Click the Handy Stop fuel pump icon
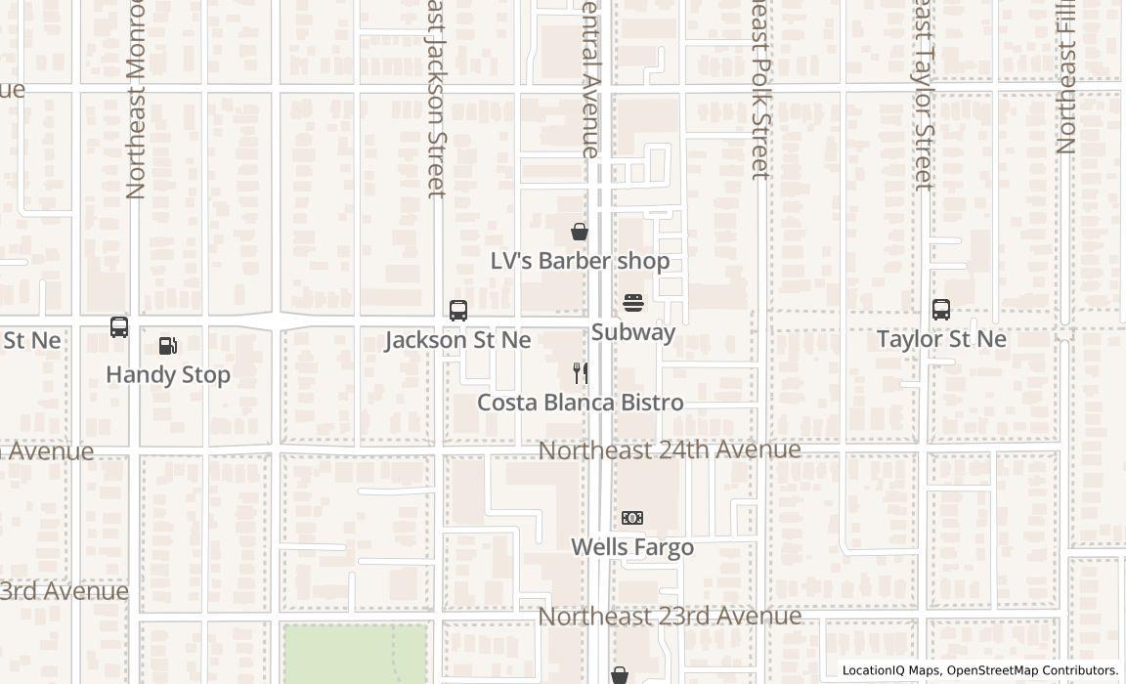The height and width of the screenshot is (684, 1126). click(168, 346)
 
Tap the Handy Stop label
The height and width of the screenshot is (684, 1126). click(168, 374)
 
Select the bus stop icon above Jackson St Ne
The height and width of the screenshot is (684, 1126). click(458, 311)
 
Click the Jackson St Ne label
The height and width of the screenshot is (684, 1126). click(457, 340)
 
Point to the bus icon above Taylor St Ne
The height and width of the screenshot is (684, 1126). click(941, 310)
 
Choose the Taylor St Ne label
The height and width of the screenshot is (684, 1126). click(941, 339)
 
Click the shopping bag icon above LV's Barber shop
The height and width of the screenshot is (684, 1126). click(580, 232)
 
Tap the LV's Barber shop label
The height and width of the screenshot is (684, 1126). click(580, 261)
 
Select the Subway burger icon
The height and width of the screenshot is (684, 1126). click(633, 303)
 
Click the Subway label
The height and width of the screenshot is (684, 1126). click(633, 332)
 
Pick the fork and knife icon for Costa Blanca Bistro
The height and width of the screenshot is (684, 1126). click(580, 372)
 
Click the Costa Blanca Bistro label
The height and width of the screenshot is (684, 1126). click(580, 403)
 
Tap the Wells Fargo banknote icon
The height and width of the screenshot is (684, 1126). click(632, 518)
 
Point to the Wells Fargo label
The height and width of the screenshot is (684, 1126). click(632, 547)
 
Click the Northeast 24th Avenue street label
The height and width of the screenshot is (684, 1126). click(670, 449)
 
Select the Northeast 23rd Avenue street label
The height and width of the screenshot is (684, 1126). click(670, 617)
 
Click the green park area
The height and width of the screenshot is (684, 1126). click(354, 653)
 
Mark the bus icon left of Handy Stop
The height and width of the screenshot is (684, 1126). click(119, 327)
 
